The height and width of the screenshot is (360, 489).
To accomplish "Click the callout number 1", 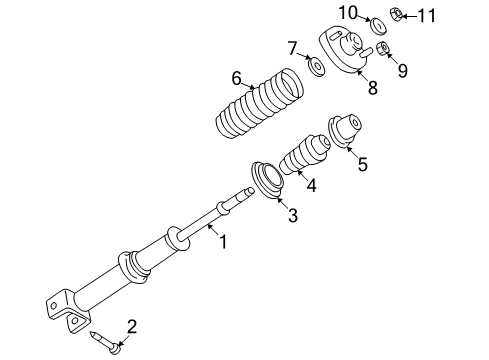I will pos(224,240).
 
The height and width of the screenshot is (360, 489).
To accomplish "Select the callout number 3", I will pos(293,216).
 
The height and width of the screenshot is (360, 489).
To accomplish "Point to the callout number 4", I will pos(312,184).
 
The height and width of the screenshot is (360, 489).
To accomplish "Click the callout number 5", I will pos(361,165).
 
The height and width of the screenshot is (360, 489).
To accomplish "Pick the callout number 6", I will pos(237,78).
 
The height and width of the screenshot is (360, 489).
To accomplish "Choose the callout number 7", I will pos(292,47).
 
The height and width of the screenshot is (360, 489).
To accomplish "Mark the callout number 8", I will pos(372,88).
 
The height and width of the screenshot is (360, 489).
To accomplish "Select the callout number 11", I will pos(427,15).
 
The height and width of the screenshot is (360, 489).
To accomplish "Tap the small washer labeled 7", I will pos(317,68).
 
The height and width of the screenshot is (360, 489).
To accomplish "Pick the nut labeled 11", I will pos(396,14).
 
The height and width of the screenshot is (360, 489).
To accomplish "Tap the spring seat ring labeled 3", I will pos(268,180).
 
